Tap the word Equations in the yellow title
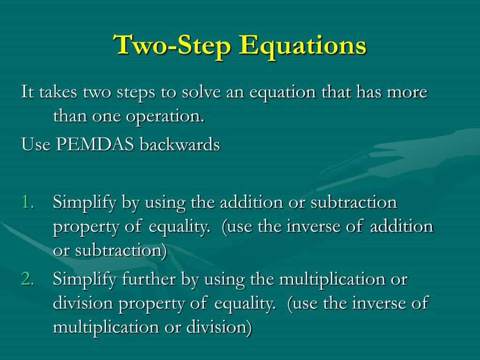[302, 45]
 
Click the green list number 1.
[28, 203]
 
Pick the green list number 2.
[28, 279]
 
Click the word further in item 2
[150, 279]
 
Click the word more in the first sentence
[406, 92]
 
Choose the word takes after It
[59, 92]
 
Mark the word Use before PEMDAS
[36, 145]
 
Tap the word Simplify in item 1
[85, 203]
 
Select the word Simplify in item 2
[85, 279]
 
